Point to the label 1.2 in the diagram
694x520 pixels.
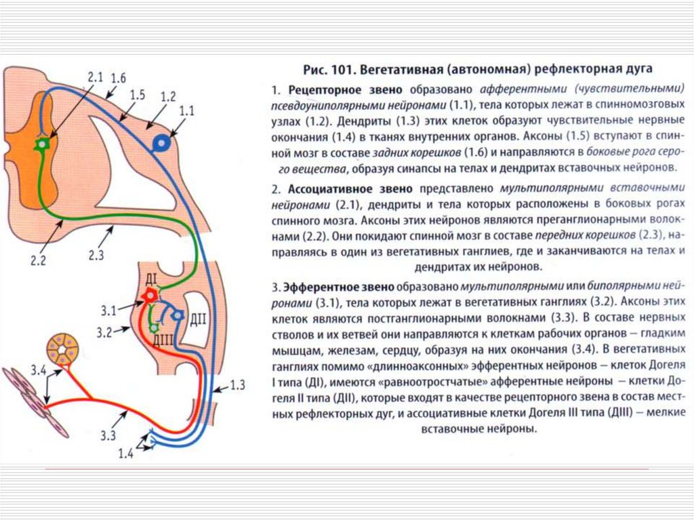click(167, 95)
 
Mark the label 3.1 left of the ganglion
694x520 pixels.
click(108, 311)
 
